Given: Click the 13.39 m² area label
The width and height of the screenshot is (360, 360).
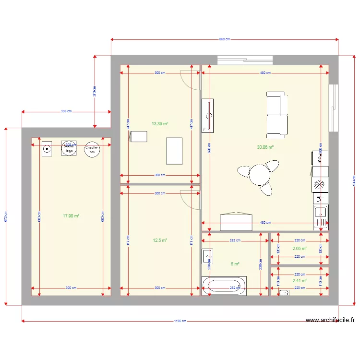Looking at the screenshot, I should click(x=160, y=123).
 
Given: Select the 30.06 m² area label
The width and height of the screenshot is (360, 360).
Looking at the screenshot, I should click(x=265, y=147).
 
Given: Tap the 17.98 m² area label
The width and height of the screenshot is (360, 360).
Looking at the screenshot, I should click(x=71, y=216).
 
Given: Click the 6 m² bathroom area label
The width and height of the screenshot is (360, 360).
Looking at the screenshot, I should click(x=235, y=264).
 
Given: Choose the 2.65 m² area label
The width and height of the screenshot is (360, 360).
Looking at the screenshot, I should click(x=300, y=249).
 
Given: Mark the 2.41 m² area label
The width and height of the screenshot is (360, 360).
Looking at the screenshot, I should click(x=300, y=281).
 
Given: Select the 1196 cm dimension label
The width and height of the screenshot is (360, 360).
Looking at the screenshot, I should click(x=180, y=321).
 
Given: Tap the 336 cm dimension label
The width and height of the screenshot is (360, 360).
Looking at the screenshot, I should click(x=66, y=111).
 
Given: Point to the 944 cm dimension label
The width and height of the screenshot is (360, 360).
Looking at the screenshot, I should click(x=354, y=180).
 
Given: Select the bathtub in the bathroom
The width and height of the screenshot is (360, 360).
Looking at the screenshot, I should click(x=225, y=286).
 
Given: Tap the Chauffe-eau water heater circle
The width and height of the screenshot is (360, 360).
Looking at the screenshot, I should click(x=92, y=150).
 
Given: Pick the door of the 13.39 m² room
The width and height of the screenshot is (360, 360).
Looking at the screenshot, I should click(x=190, y=80).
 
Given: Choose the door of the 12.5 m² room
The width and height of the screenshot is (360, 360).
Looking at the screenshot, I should click(x=190, y=199).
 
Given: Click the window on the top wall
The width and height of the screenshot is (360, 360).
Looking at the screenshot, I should click(x=245, y=60).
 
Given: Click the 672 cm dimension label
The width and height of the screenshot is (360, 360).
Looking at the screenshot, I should click(x=6, y=216).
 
